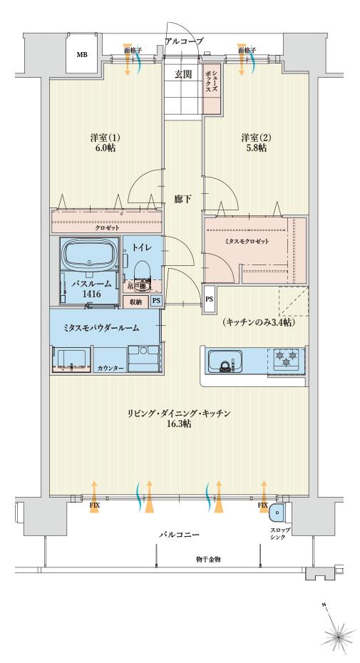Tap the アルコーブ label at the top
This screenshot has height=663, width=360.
(184, 41)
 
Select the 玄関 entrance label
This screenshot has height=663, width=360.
(183, 73)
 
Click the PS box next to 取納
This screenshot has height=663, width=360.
(155, 302)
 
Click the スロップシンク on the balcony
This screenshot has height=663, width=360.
(279, 513)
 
